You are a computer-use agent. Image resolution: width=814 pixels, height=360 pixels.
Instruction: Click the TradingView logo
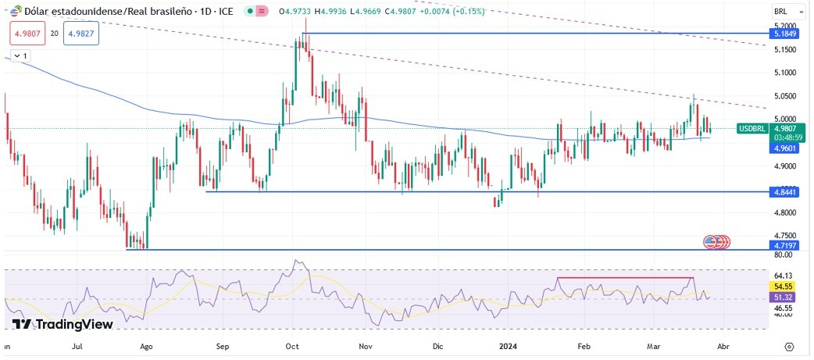click(x=62, y=324)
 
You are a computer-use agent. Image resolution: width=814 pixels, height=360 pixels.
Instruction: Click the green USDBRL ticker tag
click(x=754, y=128)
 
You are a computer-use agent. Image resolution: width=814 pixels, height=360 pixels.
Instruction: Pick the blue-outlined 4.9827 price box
click(x=81, y=34)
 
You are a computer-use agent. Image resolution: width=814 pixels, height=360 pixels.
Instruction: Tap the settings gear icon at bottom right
click(x=789, y=346)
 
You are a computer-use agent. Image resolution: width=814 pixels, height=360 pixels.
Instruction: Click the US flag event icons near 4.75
click(x=717, y=242)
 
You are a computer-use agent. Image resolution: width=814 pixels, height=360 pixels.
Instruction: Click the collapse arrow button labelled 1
click(x=20, y=56)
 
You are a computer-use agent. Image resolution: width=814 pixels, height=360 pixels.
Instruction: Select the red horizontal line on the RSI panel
click(x=625, y=277)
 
